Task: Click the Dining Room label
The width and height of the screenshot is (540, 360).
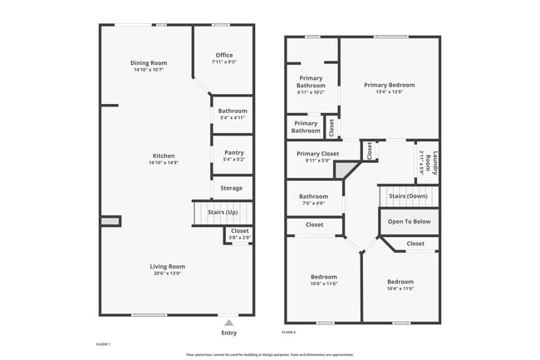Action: (x=149, y=63)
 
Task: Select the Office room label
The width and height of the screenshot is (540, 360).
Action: (x=224, y=55)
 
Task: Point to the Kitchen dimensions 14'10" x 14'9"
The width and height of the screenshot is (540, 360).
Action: (x=163, y=163)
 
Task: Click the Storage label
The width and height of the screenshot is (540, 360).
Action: (x=231, y=188)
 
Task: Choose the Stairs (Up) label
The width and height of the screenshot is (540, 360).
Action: (x=222, y=212)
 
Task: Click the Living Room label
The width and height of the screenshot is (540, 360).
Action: (x=166, y=266)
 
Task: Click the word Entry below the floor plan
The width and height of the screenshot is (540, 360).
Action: (x=228, y=333)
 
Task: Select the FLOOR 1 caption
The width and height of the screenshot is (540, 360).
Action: (x=104, y=343)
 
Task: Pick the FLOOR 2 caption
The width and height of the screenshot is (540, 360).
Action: (x=289, y=333)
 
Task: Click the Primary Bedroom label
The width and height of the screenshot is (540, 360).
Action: (x=389, y=85)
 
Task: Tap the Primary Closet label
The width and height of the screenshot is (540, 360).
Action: (x=317, y=153)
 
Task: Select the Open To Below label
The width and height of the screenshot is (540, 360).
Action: (x=409, y=222)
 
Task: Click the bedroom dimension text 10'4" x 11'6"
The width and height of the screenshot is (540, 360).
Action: (x=400, y=288)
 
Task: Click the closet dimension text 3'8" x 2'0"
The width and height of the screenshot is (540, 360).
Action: (x=239, y=238)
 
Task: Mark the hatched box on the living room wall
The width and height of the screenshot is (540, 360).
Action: (x=110, y=221)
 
